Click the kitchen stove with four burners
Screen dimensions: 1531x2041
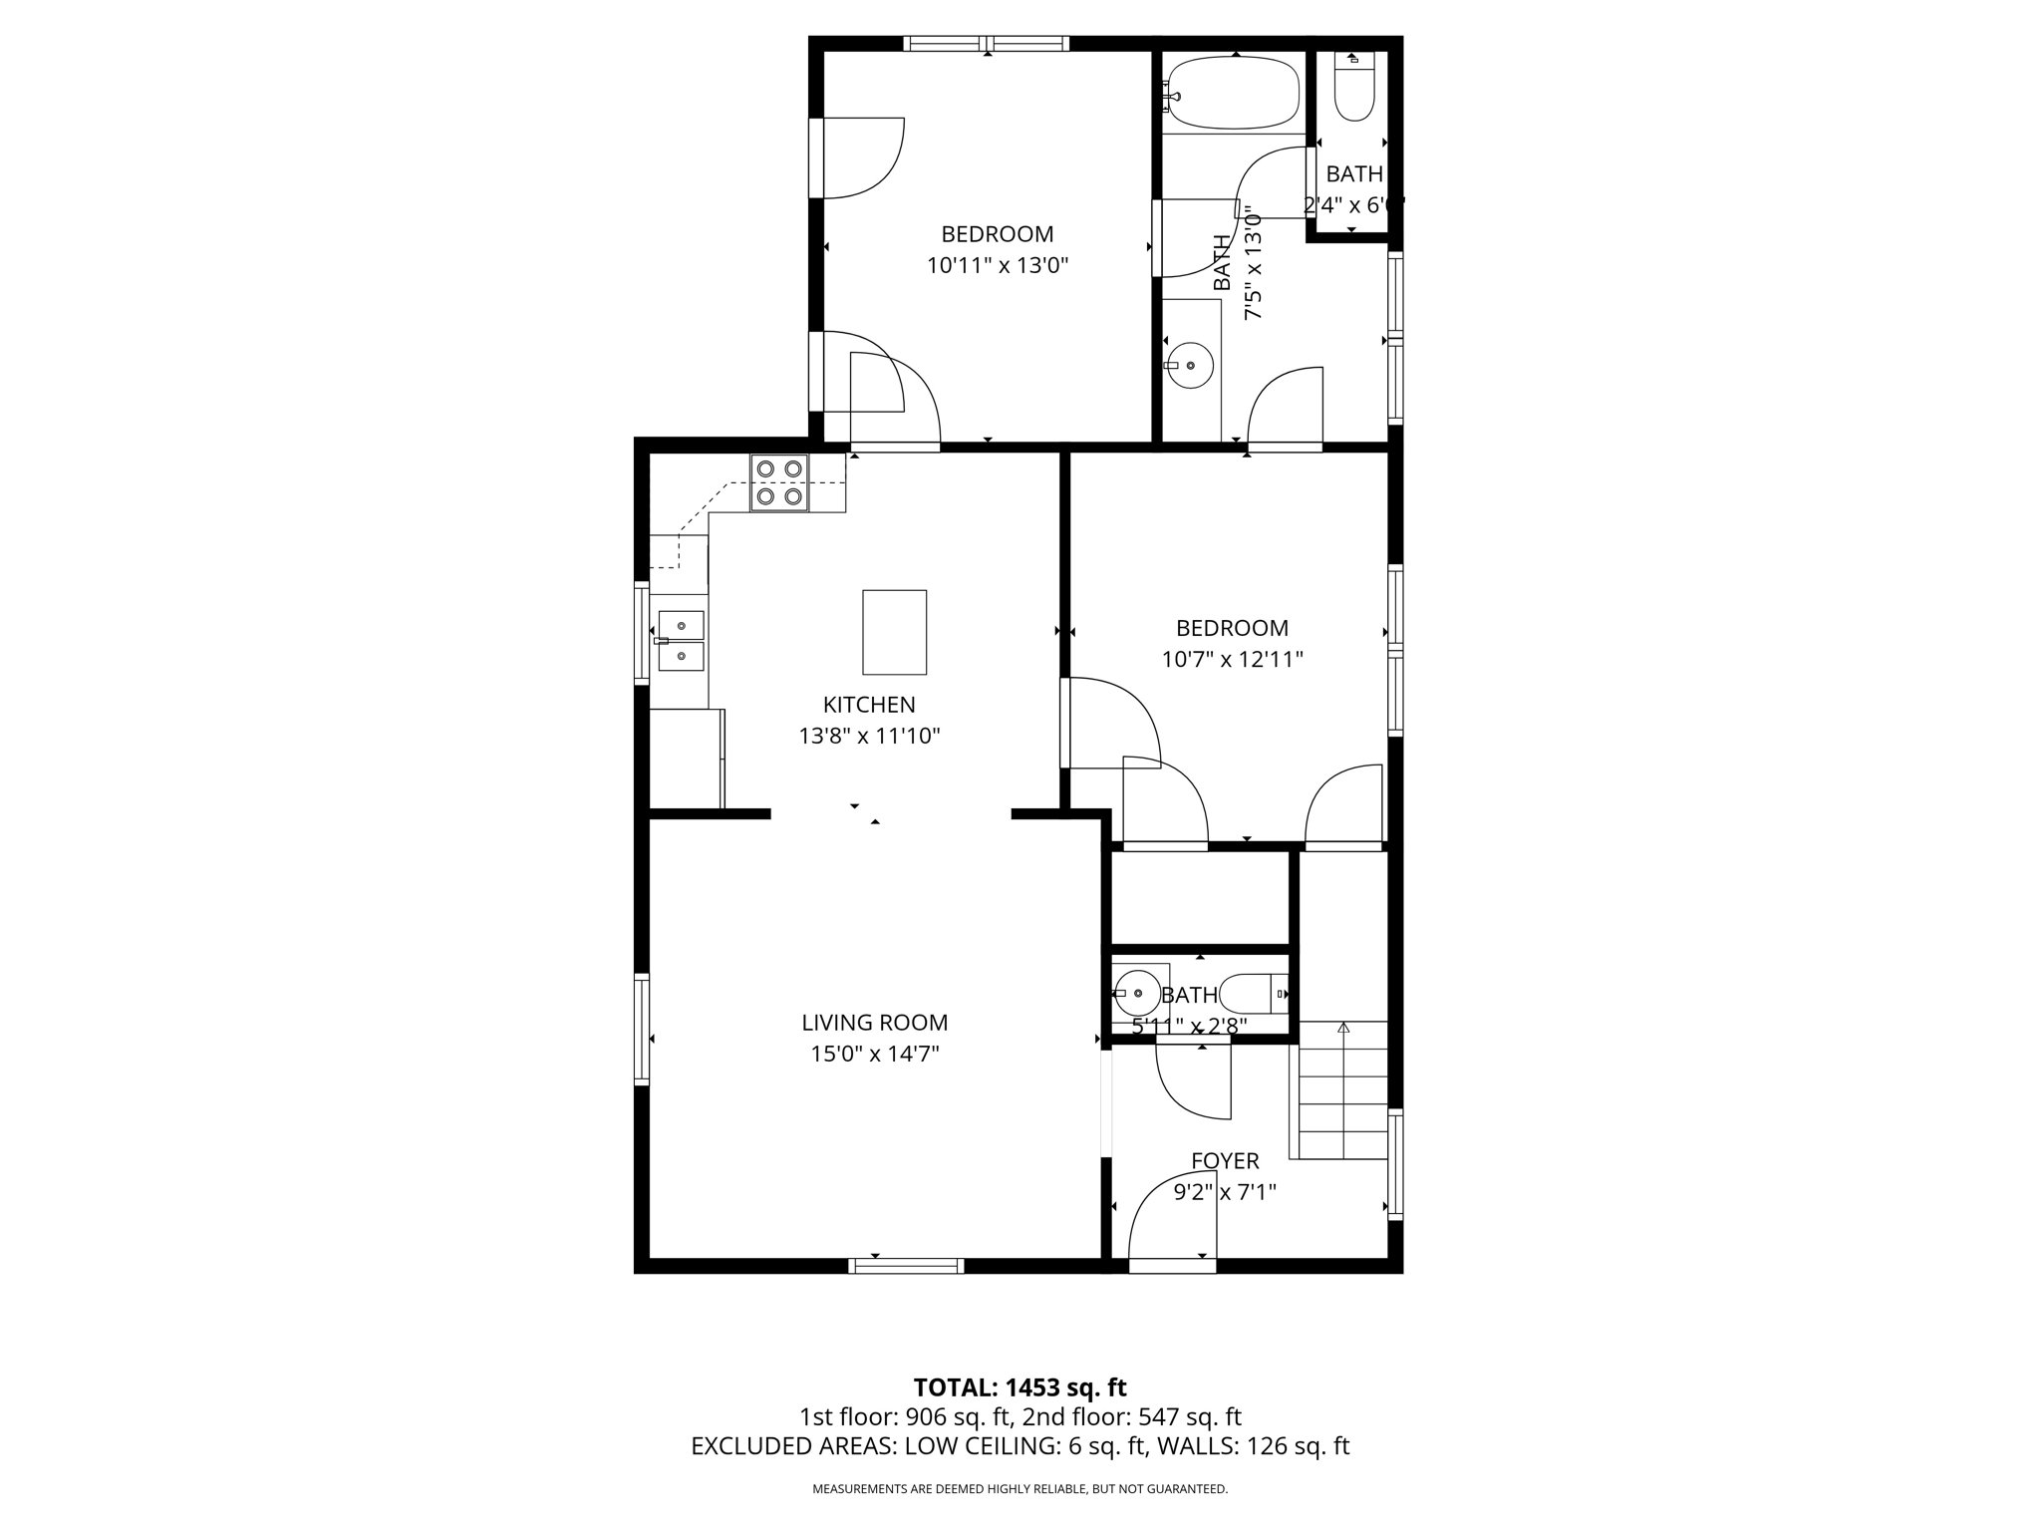click(779, 482)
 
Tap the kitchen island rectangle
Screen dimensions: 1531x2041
click(894, 632)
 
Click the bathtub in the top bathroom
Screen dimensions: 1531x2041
click(1234, 94)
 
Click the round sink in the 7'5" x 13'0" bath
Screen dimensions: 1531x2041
click(1190, 366)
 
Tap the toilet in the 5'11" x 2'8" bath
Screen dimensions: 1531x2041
click(1252, 994)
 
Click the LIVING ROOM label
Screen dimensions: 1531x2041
click(874, 1023)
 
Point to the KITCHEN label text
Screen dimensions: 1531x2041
click(869, 705)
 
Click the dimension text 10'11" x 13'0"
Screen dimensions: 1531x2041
click(997, 265)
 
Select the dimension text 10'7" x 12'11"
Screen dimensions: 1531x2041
click(1232, 659)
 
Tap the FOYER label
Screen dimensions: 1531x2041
click(1225, 1160)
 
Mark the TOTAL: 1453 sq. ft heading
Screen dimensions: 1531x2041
click(1020, 1386)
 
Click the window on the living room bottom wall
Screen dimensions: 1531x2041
click(906, 1266)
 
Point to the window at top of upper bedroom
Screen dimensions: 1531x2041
click(986, 43)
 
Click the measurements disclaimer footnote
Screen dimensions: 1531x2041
click(1020, 1489)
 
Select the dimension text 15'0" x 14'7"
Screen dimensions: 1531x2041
click(874, 1054)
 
